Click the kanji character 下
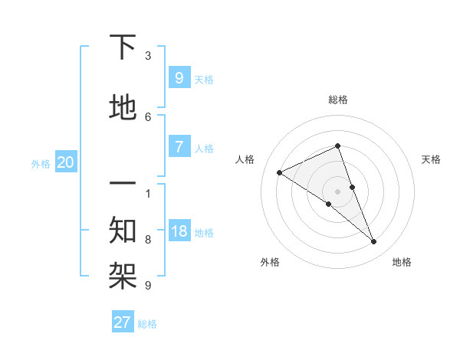click(x=123, y=47)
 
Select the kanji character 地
click(x=123, y=107)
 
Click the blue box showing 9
click(x=179, y=77)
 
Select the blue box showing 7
click(x=179, y=147)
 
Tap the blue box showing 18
click(x=179, y=231)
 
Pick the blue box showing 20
click(x=66, y=162)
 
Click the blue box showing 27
click(x=123, y=322)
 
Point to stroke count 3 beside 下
click(x=148, y=56)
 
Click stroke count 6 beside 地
click(x=148, y=116)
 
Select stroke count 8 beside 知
click(x=148, y=240)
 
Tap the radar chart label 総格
click(x=337, y=100)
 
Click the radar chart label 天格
click(x=431, y=159)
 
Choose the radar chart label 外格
click(x=270, y=262)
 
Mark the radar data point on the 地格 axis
click(x=374, y=242)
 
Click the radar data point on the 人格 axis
click(x=279, y=173)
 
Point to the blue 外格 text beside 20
click(x=41, y=163)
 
